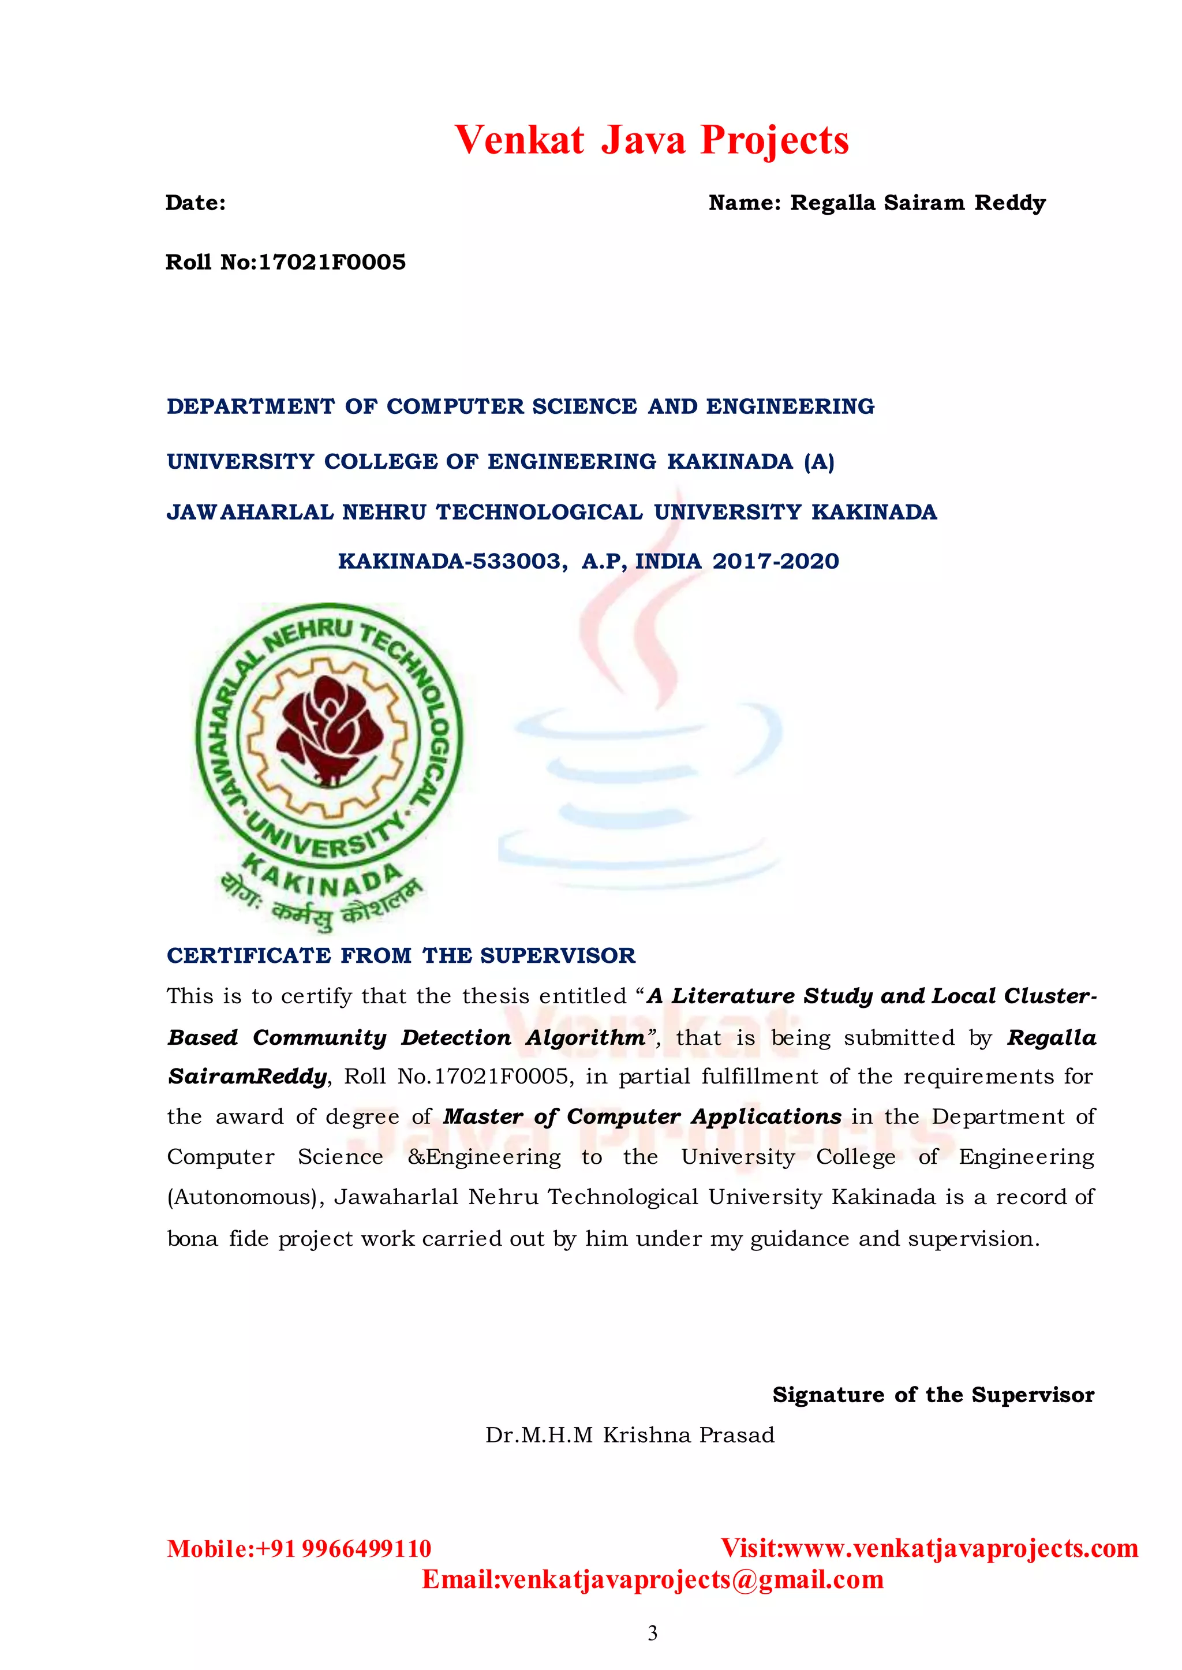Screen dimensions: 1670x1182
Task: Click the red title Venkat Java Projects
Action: tap(652, 140)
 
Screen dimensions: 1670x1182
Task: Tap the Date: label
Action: tap(195, 203)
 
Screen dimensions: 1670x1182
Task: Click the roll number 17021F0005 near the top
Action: tap(332, 262)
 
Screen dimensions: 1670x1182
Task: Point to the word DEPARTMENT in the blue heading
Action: tap(250, 406)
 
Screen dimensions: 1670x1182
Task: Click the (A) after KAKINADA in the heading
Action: tap(819, 462)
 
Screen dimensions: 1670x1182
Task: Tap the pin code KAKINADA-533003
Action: tap(451, 561)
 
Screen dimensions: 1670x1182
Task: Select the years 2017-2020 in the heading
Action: tap(775, 561)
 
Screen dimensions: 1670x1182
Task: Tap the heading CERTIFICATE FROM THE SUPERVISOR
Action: tap(401, 955)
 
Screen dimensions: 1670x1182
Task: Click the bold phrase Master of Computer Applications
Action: tap(642, 1116)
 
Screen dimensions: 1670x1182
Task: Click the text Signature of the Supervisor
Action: tap(933, 1395)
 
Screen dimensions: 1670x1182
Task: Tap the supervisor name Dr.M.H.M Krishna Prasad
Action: tap(630, 1435)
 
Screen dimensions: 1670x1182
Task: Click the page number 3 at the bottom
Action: tap(652, 1633)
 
